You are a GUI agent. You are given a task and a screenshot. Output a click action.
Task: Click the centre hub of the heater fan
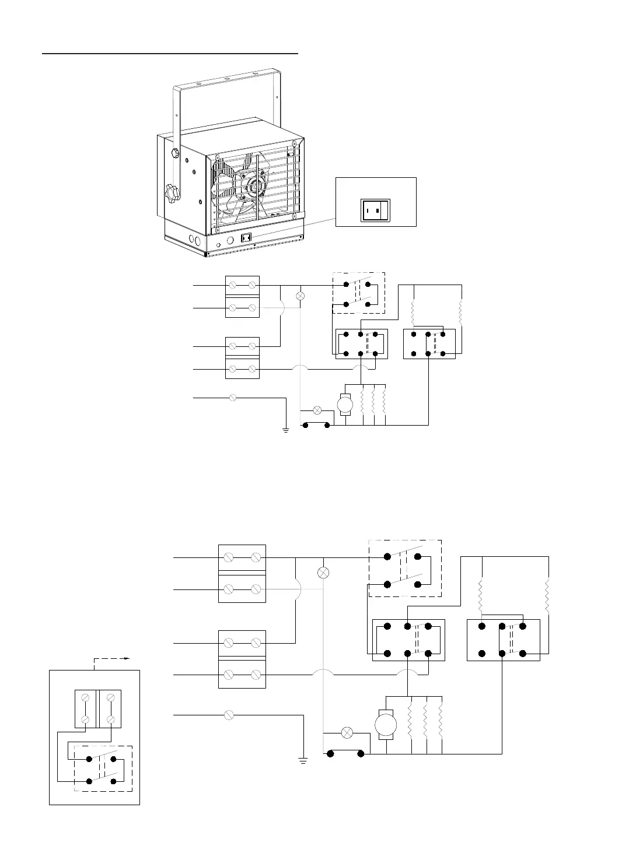coord(254,188)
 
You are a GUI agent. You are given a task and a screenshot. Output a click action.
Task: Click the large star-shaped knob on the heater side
coord(172,191)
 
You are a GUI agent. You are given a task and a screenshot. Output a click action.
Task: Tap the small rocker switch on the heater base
coord(246,238)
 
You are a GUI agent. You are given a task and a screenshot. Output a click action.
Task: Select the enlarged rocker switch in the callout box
coord(376,210)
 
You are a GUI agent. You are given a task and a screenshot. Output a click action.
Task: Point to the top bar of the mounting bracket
coord(228,80)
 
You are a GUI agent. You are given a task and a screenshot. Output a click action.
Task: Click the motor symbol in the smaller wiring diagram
coord(345,403)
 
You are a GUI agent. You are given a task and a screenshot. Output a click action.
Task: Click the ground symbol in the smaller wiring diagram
coord(286,430)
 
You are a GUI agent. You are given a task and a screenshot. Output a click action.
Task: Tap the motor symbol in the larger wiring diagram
coord(385,725)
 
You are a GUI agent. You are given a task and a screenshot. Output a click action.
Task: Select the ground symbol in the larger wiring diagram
coord(303,760)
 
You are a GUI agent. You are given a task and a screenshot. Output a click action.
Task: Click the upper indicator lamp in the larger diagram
coord(324,573)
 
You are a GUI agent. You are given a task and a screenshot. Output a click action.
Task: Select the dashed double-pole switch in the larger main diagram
coord(405,568)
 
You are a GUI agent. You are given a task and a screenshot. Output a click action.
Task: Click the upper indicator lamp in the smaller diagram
coord(301,296)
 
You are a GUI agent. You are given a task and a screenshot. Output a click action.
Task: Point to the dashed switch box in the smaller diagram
coord(358,293)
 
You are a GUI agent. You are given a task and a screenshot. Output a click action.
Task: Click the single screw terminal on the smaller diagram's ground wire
coord(233,398)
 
